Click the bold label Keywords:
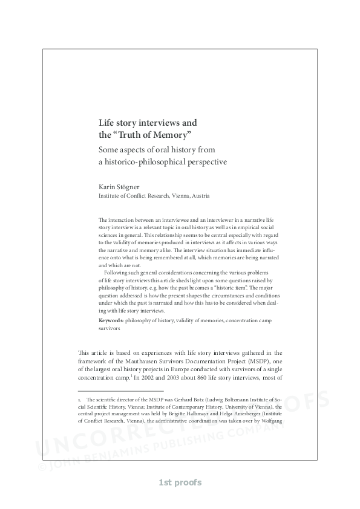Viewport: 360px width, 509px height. [111, 319]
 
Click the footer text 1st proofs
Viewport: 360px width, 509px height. [180, 482]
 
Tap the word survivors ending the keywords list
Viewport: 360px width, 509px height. [110, 329]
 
